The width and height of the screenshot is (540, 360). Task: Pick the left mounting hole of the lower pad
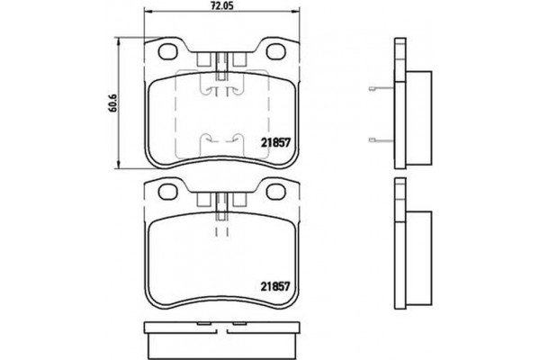167,193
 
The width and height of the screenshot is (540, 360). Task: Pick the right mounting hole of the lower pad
274,193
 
